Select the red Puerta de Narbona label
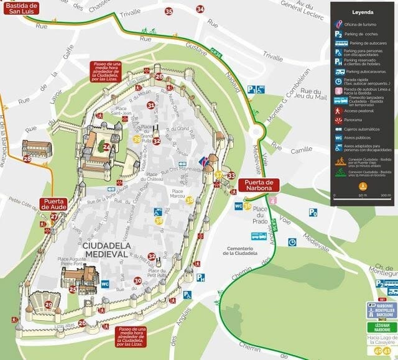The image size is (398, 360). (x=259, y=185)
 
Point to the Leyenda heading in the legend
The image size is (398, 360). (x=362, y=11)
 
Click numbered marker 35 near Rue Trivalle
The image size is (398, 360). (x=169, y=11)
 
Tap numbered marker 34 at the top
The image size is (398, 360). (x=200, y=9)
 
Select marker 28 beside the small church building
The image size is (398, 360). (x=27, y=159)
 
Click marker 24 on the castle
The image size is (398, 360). (x=107, y=147)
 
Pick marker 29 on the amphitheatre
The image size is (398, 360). (x=49, y=305)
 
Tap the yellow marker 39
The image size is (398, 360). (x=137, y=139)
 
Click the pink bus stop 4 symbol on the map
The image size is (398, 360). (x=272, y=200)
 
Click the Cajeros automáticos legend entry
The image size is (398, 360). (x=367, y=129)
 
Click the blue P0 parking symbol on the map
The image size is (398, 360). (x=313, y=212)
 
